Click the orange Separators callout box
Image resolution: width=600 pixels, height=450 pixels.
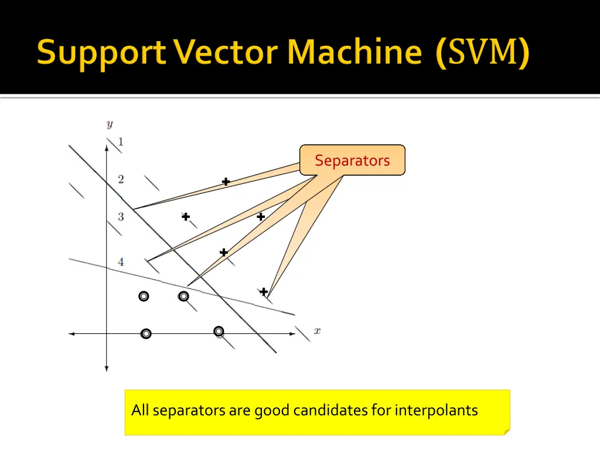click(352, 161)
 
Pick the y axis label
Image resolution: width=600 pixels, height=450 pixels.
click(110, 124)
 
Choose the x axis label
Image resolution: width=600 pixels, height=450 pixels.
click(317, 330)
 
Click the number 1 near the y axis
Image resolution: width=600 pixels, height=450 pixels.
click(121, 142)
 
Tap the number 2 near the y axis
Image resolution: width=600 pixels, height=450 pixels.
click(121, 179)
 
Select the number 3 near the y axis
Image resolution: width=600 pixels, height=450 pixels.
click(121, 217)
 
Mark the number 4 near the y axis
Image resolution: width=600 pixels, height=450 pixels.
click(121, 261)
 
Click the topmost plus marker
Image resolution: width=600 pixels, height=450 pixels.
click(226, 182)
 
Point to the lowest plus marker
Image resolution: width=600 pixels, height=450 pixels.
click(264, 292)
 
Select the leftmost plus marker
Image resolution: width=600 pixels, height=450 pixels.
click(186, 217)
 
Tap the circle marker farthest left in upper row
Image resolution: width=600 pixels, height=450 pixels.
click(144, 296)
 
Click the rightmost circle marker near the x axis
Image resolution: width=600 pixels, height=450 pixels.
click(219, 331)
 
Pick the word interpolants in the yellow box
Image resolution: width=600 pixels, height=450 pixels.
click(437, 410)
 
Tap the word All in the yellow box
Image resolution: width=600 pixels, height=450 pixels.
click(140, 410)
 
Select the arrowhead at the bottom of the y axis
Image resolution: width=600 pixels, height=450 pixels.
click(107, 368)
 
